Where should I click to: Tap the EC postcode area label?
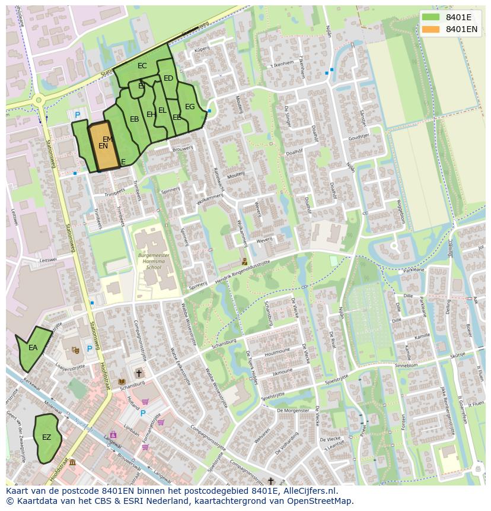point(142,66)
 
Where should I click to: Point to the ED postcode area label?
point(168,78)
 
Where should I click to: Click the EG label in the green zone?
point(190,107)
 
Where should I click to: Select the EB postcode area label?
point(135,119)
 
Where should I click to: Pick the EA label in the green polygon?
point(33,348)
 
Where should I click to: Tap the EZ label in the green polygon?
point(46,437)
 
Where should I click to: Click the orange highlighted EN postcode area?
point(103,147)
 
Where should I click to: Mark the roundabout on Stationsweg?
point(39,101)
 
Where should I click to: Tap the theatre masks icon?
point(75,350)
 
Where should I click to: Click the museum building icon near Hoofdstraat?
point(72,462)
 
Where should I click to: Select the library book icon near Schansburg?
point(122,381)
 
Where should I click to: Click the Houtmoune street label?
point(278,353)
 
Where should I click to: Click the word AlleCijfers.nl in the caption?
point(309,491)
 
